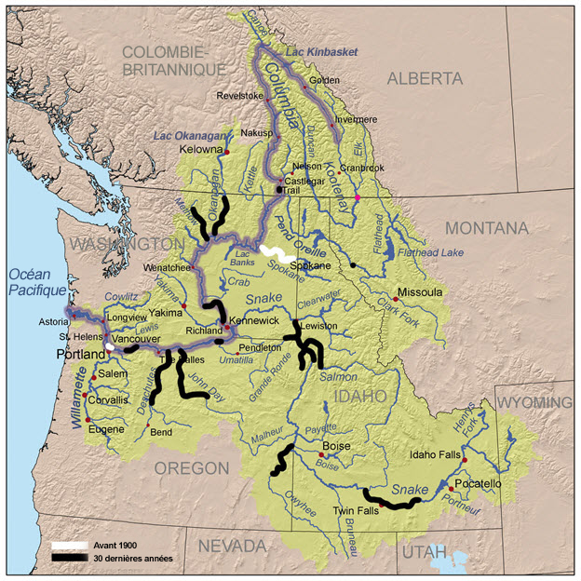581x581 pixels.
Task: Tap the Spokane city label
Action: click(x=310, y=266)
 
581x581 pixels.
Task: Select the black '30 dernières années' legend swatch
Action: click(x=69, y=558)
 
